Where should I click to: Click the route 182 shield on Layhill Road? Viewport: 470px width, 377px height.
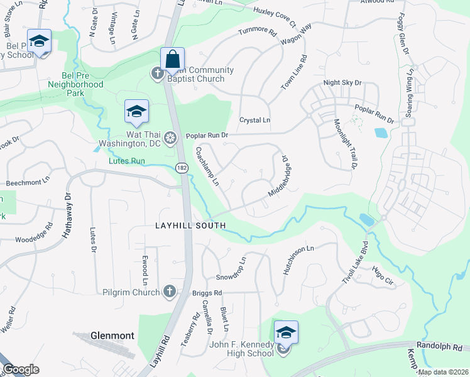click(182, 168)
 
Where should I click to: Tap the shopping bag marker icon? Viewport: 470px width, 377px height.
click(172, 59)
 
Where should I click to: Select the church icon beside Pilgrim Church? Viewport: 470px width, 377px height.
click(168, 291)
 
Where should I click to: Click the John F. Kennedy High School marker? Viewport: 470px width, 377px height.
click(285, 332)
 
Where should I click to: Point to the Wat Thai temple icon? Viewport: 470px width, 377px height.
click(169, 138)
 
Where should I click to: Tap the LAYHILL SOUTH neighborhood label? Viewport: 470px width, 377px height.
click(190, 224)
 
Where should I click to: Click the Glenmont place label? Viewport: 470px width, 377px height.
click(112, 336)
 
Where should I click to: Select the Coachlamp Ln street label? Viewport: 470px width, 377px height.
click(207, 167)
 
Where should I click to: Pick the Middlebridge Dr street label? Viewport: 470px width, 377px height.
click(277, 177)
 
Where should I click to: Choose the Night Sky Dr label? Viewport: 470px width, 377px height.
click(342, 82)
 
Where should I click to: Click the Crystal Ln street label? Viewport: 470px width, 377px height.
click(254, 119)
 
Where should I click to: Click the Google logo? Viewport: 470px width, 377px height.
click(21, 369)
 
